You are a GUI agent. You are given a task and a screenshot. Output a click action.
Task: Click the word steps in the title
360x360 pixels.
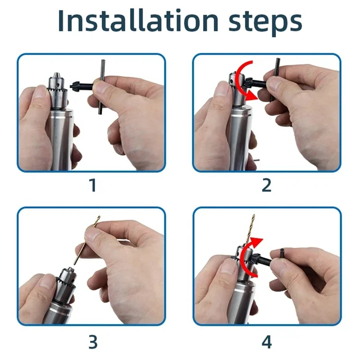[265, 23]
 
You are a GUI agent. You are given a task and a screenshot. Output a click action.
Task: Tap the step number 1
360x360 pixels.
[93, 185]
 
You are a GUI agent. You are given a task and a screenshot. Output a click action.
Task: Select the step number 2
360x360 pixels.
[266, 185]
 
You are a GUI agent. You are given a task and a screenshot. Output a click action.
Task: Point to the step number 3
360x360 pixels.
[93, 342]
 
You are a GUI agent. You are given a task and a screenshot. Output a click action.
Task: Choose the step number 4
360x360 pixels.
[266, 342]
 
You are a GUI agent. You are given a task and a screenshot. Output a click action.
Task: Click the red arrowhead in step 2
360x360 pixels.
[252, 95]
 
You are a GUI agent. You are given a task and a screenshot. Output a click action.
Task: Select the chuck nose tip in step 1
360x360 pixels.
[56, 75]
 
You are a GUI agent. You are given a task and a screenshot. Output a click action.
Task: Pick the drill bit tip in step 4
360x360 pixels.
[253, 216]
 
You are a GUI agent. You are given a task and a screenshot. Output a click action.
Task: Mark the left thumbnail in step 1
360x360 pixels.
[40, 91]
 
